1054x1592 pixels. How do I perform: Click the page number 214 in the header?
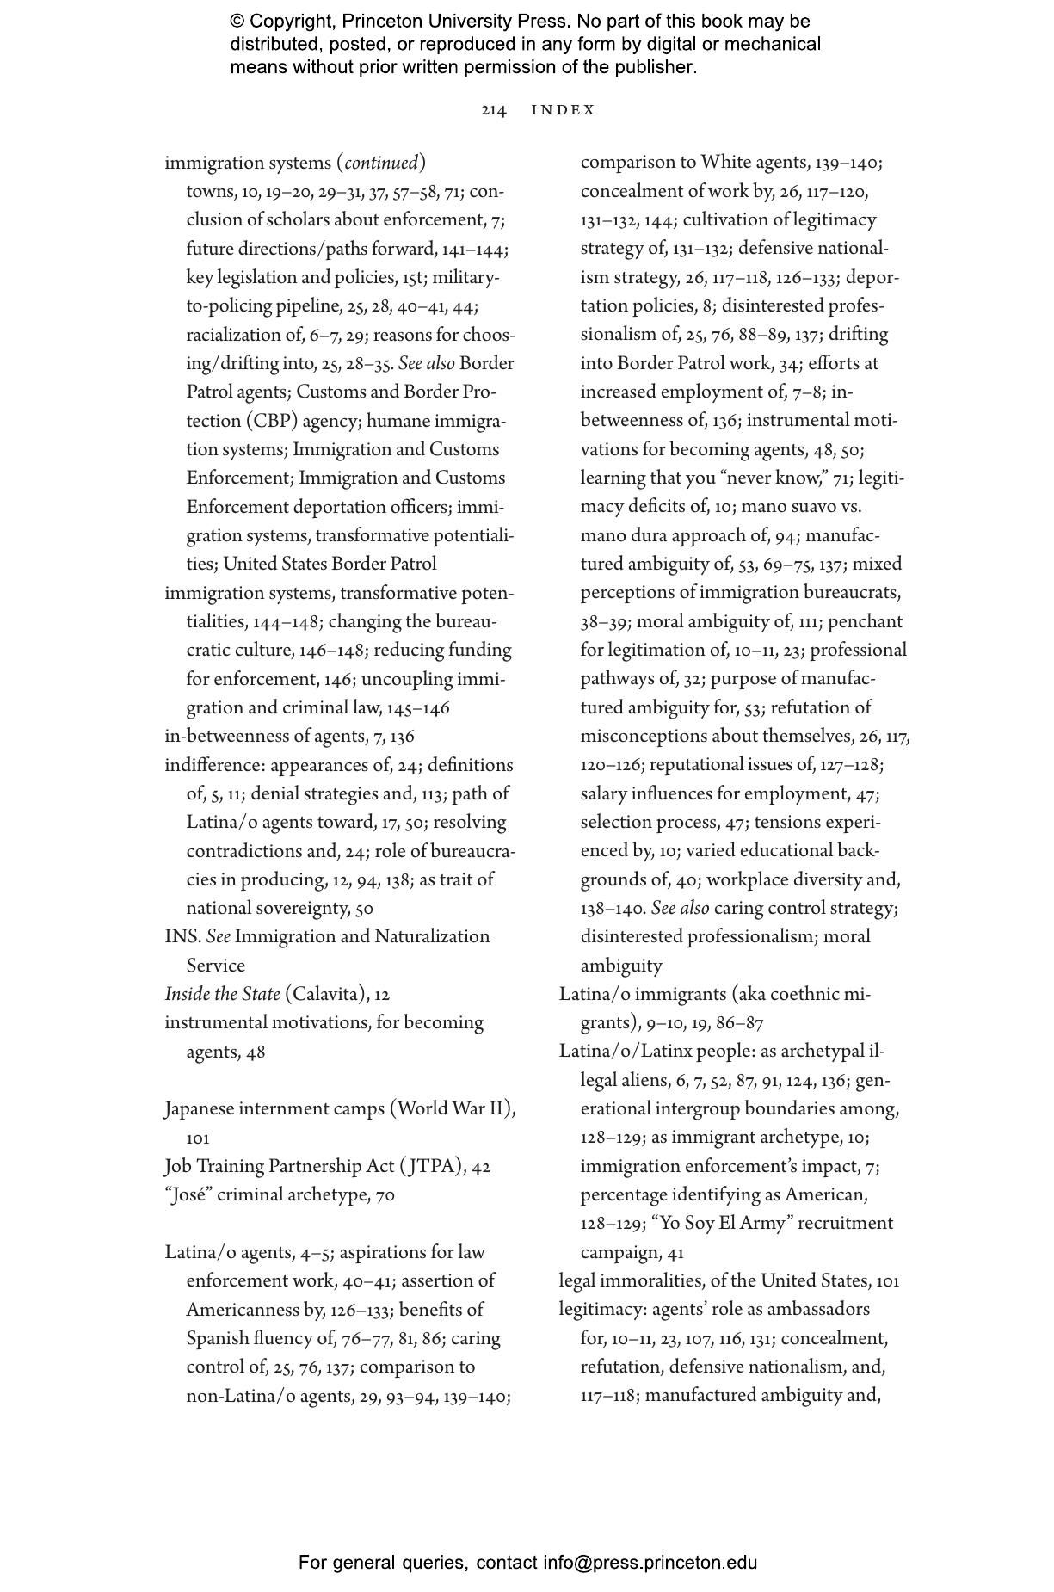pos(493,110)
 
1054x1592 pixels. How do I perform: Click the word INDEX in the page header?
pos(564,110)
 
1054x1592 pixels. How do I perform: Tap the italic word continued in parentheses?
pos(381,163)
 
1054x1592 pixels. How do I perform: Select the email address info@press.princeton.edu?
pos(650,1563)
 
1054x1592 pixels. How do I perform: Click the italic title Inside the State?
pos(222,994)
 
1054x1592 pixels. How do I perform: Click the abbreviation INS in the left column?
pos(182,936)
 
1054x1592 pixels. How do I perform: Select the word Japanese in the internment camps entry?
pos(201,1108)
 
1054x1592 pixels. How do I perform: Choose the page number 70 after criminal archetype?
pos(385,1195)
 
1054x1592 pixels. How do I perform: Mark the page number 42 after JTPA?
pos(481,1167)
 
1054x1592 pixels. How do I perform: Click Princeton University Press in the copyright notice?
pos(455,22)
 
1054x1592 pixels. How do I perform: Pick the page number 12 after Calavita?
pos(382,995)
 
